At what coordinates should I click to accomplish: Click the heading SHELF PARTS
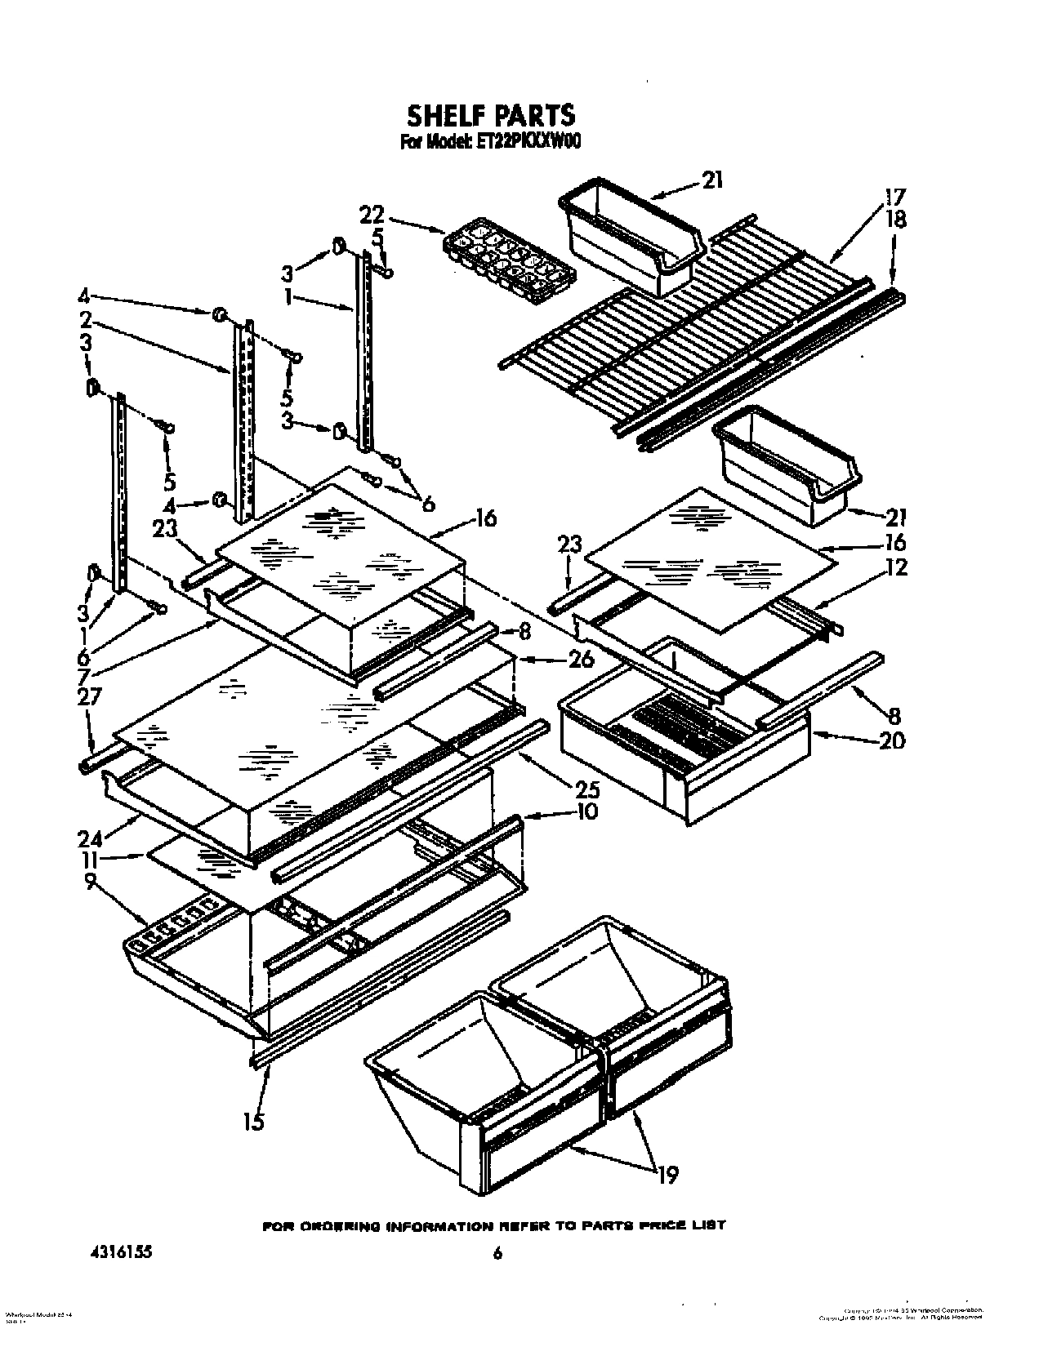point(490,115)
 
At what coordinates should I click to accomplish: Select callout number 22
point(372,216)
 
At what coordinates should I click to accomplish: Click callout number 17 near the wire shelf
point(895,197)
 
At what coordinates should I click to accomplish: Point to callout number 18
point(895,220)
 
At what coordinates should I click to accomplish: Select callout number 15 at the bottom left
point(254,1122)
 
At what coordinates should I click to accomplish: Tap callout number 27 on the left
point(90,696)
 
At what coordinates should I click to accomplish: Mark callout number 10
point(586,811)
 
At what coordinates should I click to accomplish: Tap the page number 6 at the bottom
point(496,1255)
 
